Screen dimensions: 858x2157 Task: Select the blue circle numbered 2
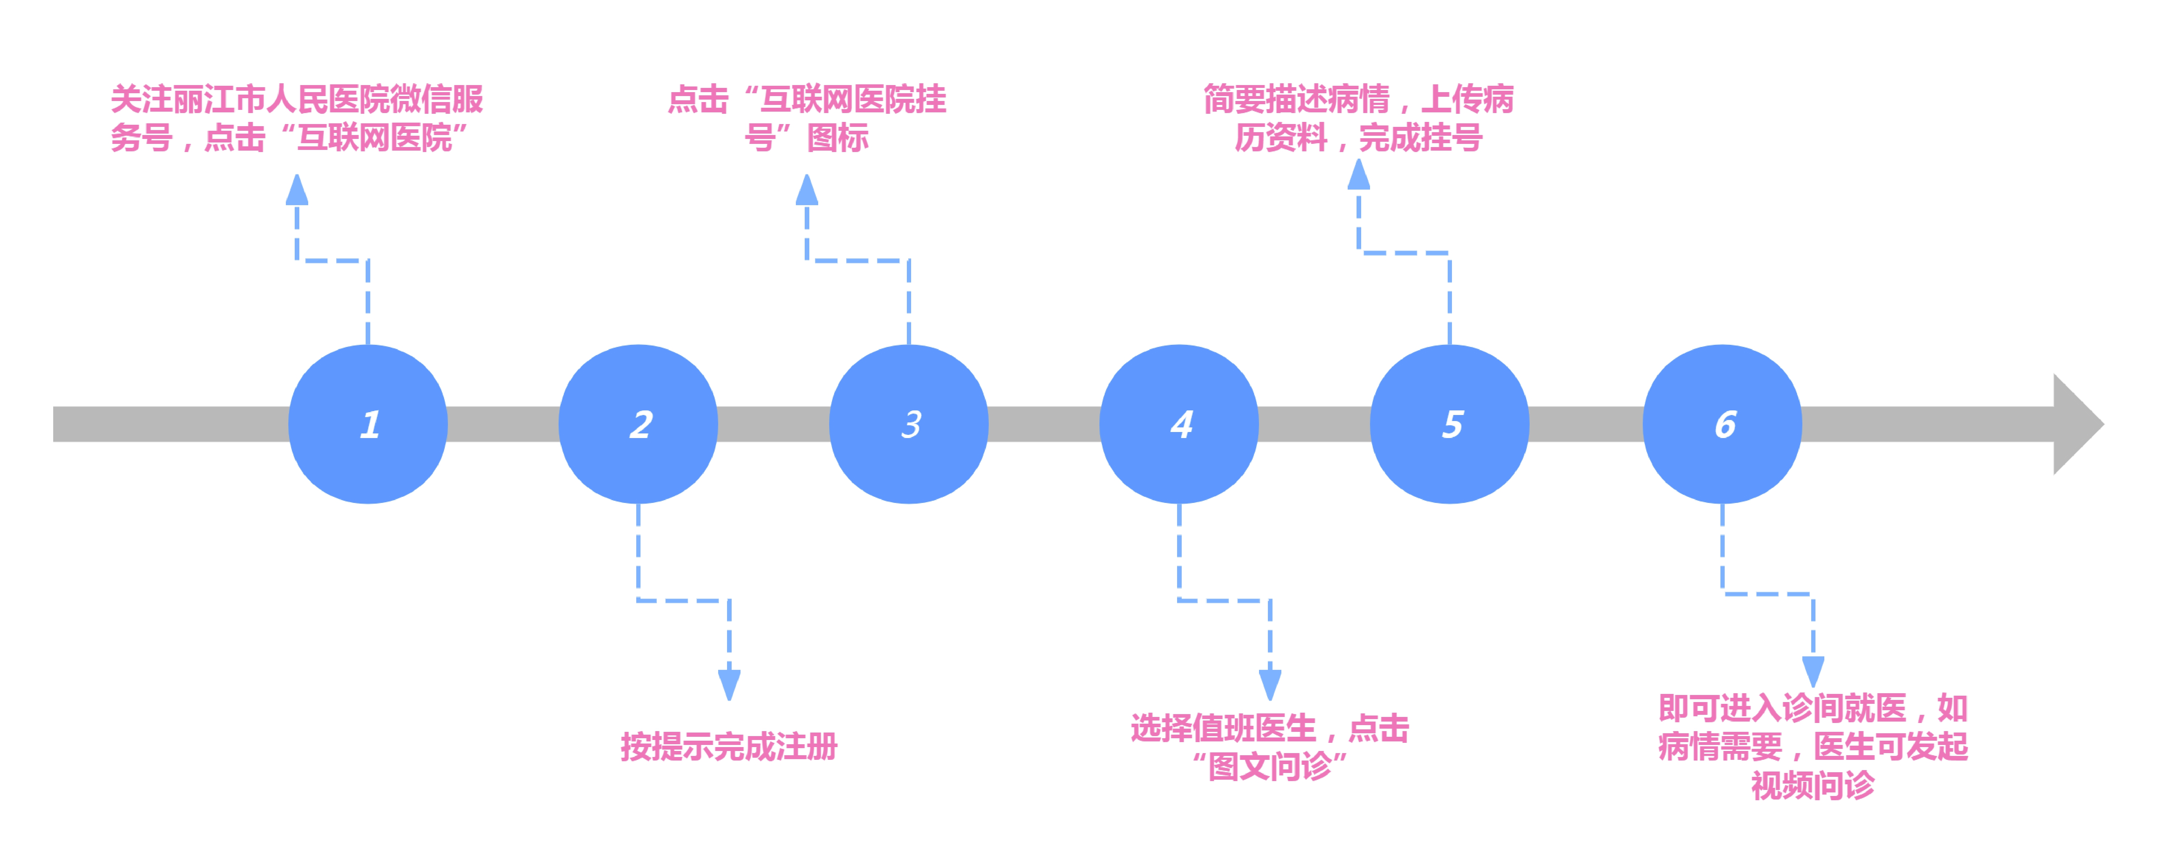[638, 424]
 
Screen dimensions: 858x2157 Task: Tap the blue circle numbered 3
[909, 424]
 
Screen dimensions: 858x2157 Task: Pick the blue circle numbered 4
[1179, 424]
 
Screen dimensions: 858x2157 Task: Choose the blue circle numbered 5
[1449, 424]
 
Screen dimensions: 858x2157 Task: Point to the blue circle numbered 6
[1723, 424]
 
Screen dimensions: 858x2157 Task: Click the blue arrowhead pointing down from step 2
[729, 684]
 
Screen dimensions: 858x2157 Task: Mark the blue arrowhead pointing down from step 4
[1270, 684]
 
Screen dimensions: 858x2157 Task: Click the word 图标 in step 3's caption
[837, 137]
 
